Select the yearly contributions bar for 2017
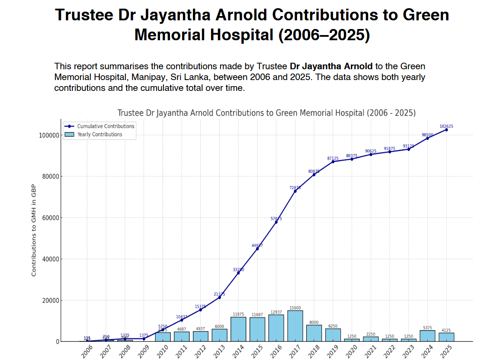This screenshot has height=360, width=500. (x=295, y=326)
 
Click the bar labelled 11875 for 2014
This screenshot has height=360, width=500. (x=238, y=329)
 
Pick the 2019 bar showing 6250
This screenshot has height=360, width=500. (x=333, y=335)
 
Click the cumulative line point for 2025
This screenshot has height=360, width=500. (x=446, y=129)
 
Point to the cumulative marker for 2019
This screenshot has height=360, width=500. (x=333, y=161)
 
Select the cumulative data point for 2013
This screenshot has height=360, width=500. (x=219, y=297)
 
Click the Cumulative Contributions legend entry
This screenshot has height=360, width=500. (x=106, y=126)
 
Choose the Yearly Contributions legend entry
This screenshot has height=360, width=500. (x=99, y=135)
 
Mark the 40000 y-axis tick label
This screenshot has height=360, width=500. (x=50, y=259)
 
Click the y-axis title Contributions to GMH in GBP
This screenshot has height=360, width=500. (x=34, y=230)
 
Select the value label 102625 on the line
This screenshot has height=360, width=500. (x=446, y=126)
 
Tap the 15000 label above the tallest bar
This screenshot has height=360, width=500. (x=295, y=308)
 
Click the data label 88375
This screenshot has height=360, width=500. (x=352, y=156)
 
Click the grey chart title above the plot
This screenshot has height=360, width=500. (x=266, y=113)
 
